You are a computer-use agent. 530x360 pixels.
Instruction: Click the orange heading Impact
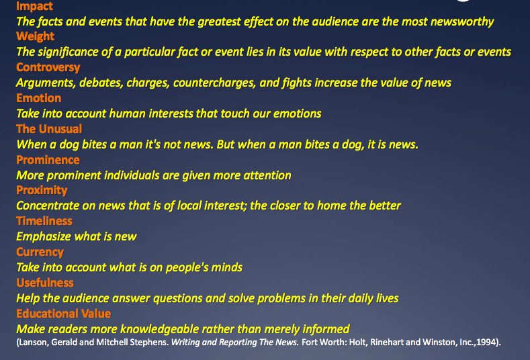[35, 7]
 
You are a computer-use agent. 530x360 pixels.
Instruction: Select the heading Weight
[36, 36]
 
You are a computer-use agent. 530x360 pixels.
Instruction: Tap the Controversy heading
[48, 67]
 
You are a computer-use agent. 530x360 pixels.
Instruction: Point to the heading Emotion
[38, 98]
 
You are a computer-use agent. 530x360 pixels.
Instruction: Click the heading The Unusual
[49, 129]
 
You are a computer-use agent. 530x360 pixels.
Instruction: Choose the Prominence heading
[48, 160]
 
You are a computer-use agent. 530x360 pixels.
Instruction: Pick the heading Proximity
[42, 190]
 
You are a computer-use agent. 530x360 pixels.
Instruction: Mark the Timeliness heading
[44, 221]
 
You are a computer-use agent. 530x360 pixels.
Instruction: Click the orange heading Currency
[40, 252]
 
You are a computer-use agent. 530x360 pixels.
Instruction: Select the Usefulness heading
[45, 283]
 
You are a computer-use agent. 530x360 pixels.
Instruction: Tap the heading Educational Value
[64, 314]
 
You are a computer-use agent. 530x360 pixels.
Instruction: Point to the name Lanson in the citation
[34, 342]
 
